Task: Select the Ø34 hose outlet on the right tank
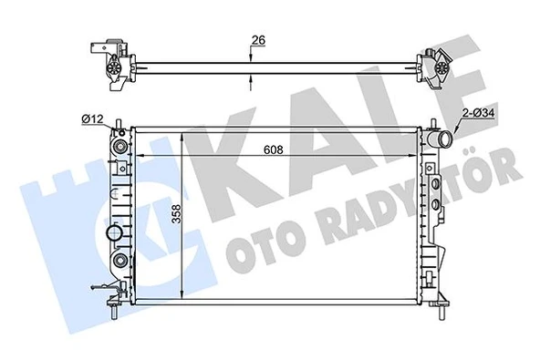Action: point(442,141)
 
